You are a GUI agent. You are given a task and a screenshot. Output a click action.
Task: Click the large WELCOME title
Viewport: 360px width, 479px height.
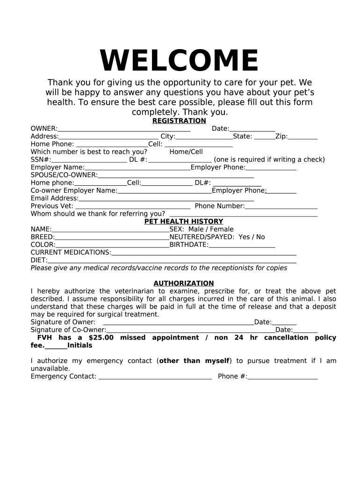click(x=179, y=61)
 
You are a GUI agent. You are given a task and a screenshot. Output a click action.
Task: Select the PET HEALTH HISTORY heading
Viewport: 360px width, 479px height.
click(x=184, y=221)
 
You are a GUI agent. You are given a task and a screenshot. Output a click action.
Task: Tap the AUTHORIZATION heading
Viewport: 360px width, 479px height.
click(x=184, y=283)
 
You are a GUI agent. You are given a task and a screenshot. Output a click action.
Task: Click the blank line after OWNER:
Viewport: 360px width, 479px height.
click(x=124, y=130)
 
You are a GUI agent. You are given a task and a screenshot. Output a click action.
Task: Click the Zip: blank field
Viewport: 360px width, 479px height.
click(x=302, y=138)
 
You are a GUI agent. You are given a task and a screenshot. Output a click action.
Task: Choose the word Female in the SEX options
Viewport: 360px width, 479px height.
click(x=222, y=229)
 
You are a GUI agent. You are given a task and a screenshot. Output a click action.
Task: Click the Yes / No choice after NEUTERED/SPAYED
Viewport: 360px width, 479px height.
click(x=252, y=237)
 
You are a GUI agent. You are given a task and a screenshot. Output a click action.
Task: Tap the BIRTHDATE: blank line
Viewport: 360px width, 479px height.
click(x=242, y=245)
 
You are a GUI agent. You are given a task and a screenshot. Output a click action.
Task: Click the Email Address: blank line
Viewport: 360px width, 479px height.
click(x=166, y=199)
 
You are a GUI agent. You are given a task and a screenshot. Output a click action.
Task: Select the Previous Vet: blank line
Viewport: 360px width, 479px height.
click(x=133, y=207)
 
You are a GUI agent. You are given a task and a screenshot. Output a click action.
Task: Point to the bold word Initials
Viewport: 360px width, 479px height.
click(x=80, y=346)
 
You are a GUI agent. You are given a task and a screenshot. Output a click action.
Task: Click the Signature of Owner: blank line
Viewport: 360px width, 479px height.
click(x=178, y=323)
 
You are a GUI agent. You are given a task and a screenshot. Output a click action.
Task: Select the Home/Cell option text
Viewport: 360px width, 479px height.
click(x=186, y=152)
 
